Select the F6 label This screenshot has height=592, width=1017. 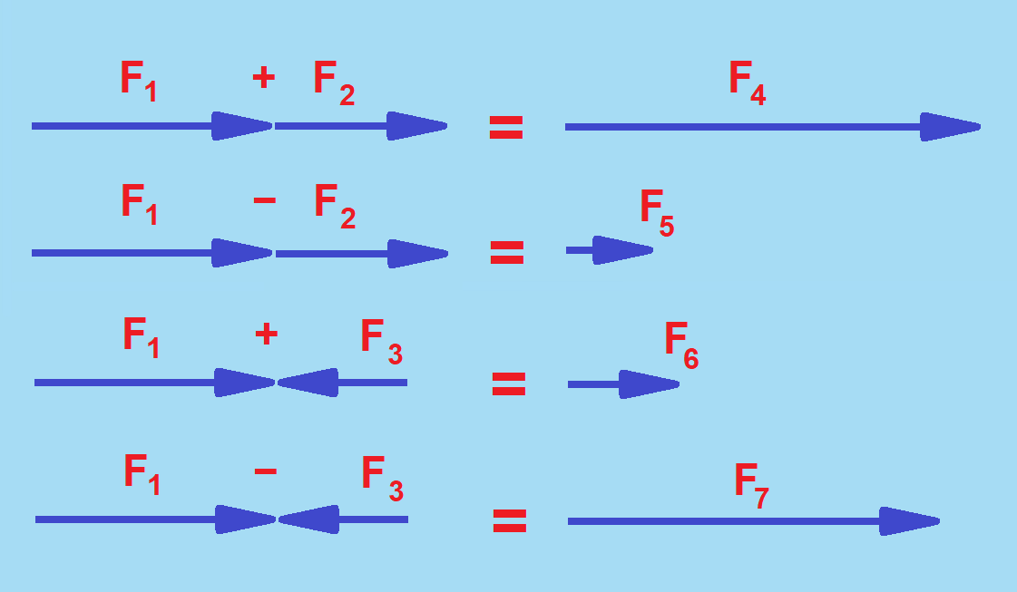click(681, 345)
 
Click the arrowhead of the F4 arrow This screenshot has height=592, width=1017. click(949, 127)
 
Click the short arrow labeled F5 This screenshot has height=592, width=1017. click(609, 250)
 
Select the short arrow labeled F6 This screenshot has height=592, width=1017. click(623, 384)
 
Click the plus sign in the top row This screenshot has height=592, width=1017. click(263, 78)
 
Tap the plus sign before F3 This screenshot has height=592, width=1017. click(266, 335)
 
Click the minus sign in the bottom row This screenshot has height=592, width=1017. click(266, 471)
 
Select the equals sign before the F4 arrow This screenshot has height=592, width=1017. click(506, 128)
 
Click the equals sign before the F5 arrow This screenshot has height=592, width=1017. click(507, 253)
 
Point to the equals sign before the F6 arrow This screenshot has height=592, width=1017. click(509, 385)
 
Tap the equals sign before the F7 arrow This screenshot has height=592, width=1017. click(510, 520)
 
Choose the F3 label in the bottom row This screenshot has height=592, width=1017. click(382, 478)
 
